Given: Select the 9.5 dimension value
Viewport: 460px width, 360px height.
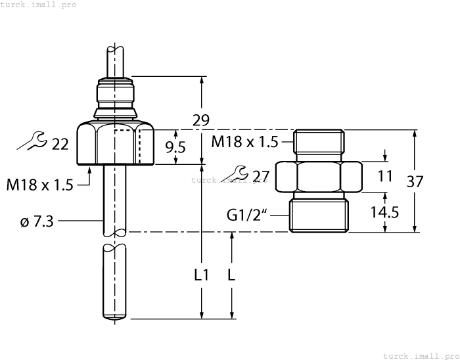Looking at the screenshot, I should pyautogui.click(x=175, y=147).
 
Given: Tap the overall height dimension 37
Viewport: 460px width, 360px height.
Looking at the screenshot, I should pyautogui.click(x=415, y=181).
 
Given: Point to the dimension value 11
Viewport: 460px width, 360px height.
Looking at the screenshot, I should pyautogui.click(x=385, y=176).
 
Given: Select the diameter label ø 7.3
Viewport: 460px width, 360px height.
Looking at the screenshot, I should pyautogui.click(x=37, y=222).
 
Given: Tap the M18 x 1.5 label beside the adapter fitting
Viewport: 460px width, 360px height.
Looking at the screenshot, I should pyautogui.click(x=245, y=141).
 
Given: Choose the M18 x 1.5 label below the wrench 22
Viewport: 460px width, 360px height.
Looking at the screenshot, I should pyautogui.click(x=39, y=185).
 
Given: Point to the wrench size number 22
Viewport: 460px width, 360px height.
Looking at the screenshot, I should pyautogui.click(x=60, y=144).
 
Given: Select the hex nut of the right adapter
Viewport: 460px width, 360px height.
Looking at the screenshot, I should pyautogui.click(x=319, y=176).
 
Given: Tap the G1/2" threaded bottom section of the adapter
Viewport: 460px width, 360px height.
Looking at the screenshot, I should pyautogui.click(x=319, y=215).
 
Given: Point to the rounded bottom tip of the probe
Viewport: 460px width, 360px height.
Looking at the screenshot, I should pyautogui.click(x=114, y=318).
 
